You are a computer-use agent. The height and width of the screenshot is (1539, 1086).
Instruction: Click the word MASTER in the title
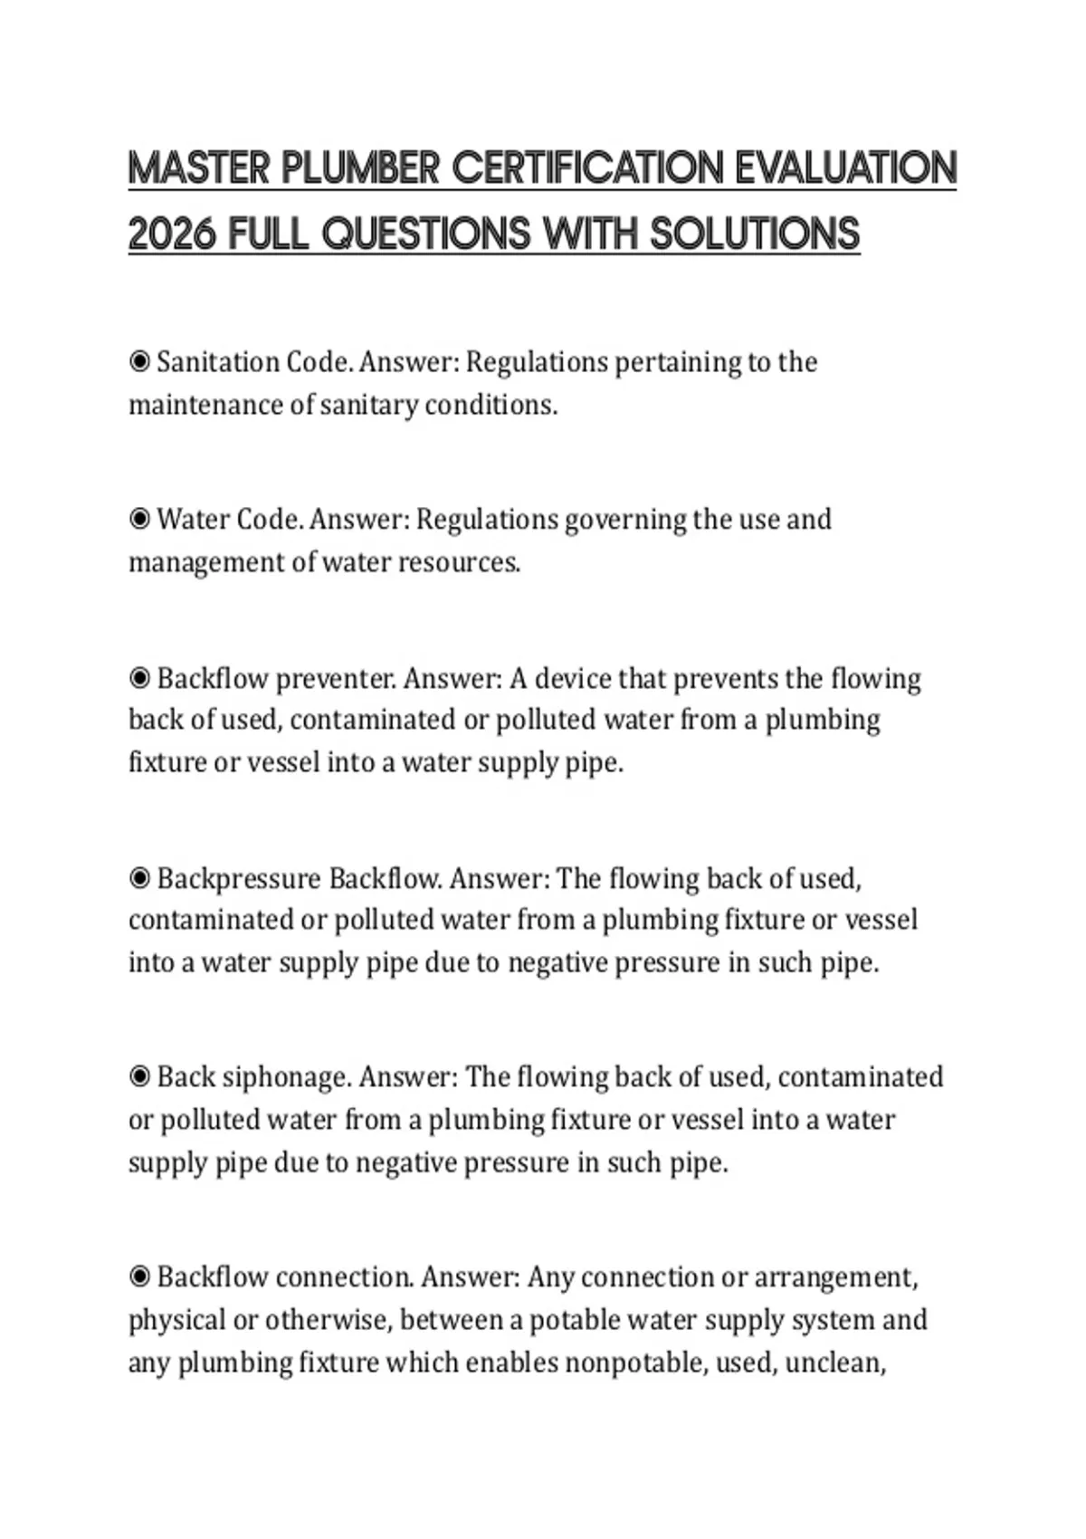click(198, 169)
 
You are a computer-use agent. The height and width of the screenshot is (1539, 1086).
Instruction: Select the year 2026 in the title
click(172, 234)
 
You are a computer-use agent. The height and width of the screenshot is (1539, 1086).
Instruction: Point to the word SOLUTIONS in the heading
click(754, 234)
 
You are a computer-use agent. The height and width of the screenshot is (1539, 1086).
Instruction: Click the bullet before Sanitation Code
click(139, 362)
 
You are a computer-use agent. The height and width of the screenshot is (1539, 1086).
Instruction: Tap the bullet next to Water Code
click(139, 520)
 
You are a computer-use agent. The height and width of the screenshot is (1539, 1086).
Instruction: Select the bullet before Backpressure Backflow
click(139, 878)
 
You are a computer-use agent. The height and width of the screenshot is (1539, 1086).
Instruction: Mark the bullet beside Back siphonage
click(139, 1077)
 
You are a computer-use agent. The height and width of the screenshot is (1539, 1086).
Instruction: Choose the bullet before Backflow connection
click(139, 1277)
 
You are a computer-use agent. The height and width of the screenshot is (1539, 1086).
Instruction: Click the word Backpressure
click(239, 879)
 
